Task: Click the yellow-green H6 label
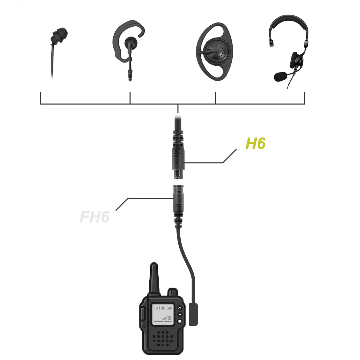tap(255, 143)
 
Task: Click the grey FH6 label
tap(94, 217)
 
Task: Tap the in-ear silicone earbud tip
tap(60, 35)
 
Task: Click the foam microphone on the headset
tap(280, 76)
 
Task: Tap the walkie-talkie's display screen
tap(162, 314)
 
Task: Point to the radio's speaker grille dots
tap(163, 339)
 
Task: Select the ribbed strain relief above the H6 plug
tap(178, 137)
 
